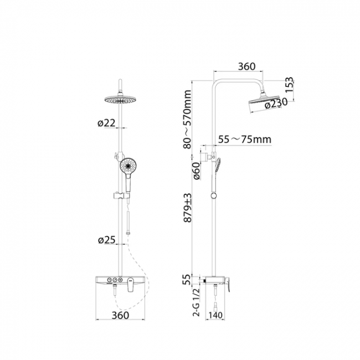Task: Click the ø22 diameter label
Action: (x=106, y=123)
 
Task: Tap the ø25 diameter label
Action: (x=106, y=240)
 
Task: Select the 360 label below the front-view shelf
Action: (x=120, y=315)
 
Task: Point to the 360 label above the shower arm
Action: (x=246, y=66)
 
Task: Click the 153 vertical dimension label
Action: (x=289, y=85)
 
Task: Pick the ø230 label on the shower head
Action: (x=276, y=103)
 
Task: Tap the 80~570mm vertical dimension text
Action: (x=187, y=120)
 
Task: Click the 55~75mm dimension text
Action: (x=244, y=139)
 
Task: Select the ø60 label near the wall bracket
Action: (x=197, y=171)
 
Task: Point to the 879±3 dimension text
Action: (x=188, y=208)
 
